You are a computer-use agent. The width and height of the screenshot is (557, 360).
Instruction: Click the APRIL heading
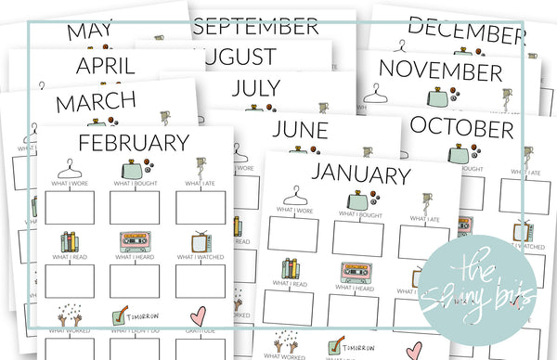113,66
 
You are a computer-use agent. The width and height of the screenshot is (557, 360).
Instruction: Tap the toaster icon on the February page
130,170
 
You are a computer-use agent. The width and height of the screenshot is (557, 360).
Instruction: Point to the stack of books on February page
70,243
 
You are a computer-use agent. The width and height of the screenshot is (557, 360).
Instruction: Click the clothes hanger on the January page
293,197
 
